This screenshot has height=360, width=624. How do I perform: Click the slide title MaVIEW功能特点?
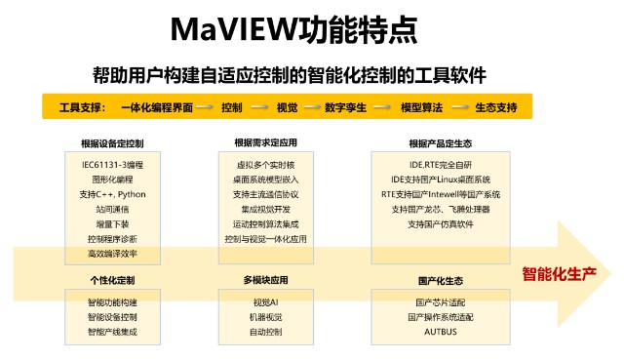coord(311,30)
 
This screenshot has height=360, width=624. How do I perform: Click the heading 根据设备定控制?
coord(112,143)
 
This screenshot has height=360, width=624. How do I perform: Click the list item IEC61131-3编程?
coord(112,164)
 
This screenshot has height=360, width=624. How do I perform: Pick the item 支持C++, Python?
coord(112,194)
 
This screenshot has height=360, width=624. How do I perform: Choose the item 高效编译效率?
coord(112,254)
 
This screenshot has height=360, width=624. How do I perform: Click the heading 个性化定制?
coord(112,281)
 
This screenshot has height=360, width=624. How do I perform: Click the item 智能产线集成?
coord(112,333)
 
